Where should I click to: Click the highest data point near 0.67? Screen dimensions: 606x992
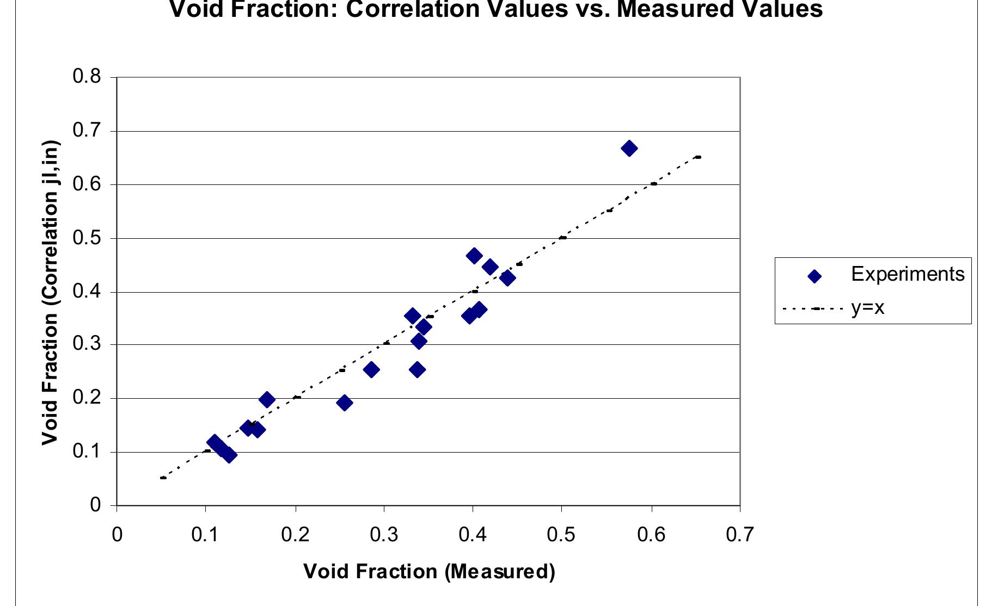point(629,148)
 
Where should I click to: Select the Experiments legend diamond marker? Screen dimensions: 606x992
point(814,276)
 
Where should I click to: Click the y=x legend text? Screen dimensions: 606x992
point(868,308)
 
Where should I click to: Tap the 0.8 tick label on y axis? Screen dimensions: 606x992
point(87,77)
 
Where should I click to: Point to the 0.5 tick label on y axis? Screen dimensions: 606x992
point(87,238)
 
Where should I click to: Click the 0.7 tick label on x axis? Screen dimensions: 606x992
point(740,535)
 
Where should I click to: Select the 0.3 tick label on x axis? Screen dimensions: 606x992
point(384,535)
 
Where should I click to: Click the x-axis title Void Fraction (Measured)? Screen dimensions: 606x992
point(429,571)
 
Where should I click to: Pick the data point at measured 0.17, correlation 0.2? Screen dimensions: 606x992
point(267,400)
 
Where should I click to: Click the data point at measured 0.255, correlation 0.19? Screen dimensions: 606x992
point(344,403)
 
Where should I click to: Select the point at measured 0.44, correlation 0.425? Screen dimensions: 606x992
point(507,278)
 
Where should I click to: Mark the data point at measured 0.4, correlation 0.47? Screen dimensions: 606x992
point(474,256)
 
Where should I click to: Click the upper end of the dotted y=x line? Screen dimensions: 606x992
point(698,157)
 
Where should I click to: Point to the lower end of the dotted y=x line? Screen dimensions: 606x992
point(163,478)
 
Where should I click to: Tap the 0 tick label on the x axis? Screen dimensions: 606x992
point(117,535)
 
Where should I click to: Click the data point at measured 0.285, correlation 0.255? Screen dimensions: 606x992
point(371,370)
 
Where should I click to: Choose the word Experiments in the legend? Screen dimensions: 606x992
point(908,274)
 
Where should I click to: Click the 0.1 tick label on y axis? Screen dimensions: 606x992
point(87,452)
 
